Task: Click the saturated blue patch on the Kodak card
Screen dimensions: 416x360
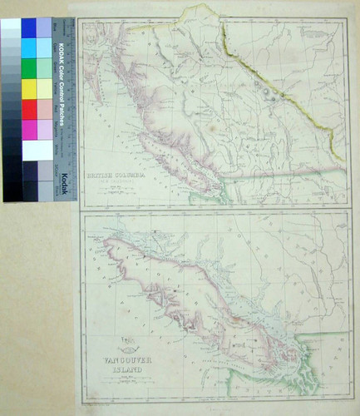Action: [29, 27]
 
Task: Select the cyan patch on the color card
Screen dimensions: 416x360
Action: [29, 47]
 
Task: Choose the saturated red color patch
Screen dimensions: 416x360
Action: [29, 109]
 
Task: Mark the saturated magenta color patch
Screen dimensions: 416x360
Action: [29, 129]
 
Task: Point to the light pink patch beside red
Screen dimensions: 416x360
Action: [44, 109]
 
